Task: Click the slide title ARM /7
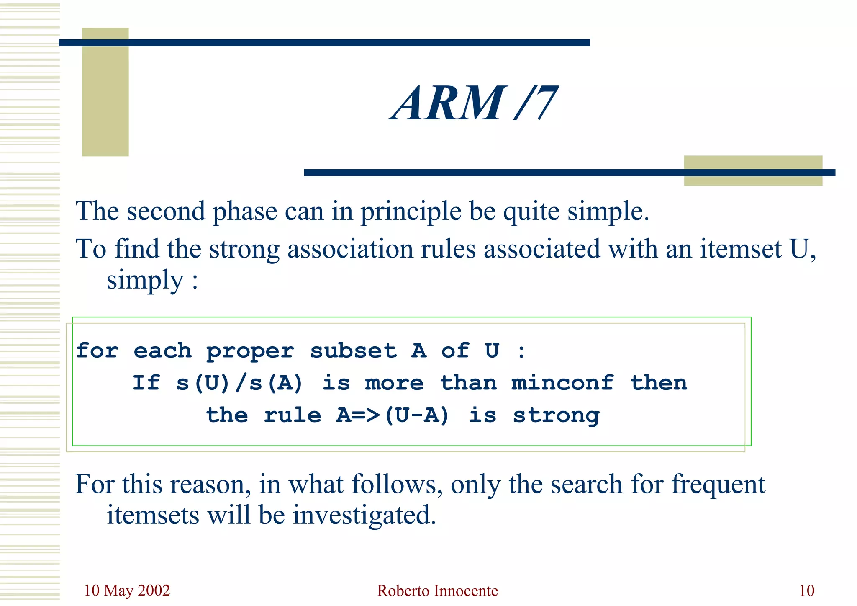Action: [x=474, y=103]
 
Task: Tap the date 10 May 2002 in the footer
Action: [x=127, y=591]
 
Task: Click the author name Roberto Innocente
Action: [x=437, y=591]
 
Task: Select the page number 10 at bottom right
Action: [x=806, y=591]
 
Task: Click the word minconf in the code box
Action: [x=562, y=383]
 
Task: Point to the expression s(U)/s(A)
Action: [x=239, y=383]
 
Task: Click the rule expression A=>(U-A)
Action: [x=393, y=415]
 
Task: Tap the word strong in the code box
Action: [x=556, y=415]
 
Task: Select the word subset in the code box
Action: [x=353, y=351]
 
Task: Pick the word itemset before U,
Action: [x=741, y=249]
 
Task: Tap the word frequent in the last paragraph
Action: [x=718, y=485]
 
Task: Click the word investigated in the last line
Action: [x=364, y=515]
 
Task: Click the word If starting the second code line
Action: [x=146, y=383]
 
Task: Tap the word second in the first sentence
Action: [x=166, y=211]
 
